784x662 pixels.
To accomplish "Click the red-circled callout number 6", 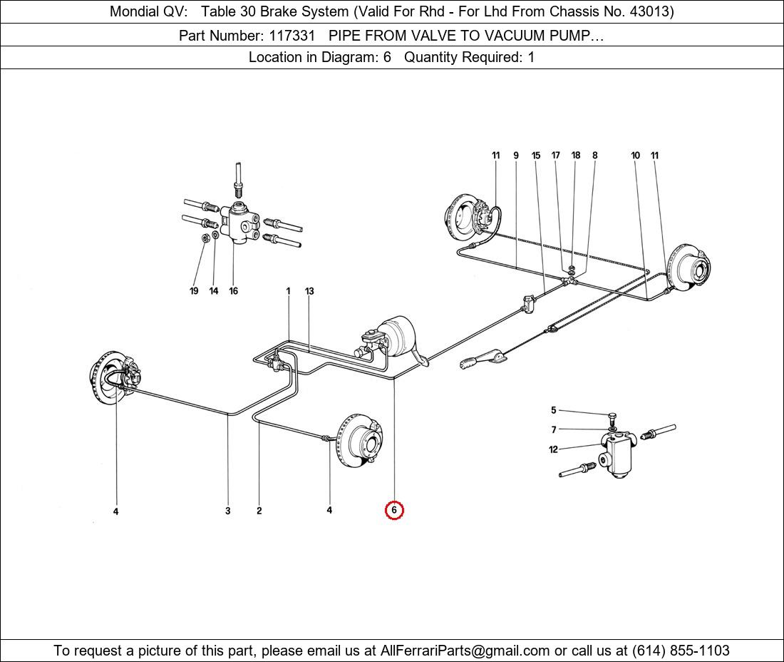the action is pos(394,510).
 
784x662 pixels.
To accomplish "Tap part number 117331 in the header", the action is pos(292,36).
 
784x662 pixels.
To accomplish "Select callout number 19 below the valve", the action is pos(194,291).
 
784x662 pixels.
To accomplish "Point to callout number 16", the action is pos(234,291).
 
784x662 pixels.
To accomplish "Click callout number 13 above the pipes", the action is pos(309,291).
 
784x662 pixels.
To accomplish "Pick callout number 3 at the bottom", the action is pos(228,511).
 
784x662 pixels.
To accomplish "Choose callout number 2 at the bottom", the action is pos(259,511).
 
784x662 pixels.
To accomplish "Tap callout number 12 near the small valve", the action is pos(553,449).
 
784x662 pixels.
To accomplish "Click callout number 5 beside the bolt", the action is pos(554,410).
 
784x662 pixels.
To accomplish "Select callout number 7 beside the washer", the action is pos(554,429).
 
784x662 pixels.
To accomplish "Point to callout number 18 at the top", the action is pos(575,155).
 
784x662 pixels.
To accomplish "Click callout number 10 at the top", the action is pos(635,155).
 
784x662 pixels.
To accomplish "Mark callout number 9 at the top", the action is pos(516,156).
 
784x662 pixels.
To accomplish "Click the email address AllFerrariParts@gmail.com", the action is pos(465,651).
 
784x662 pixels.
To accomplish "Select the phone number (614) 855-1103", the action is pos(681,651).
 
